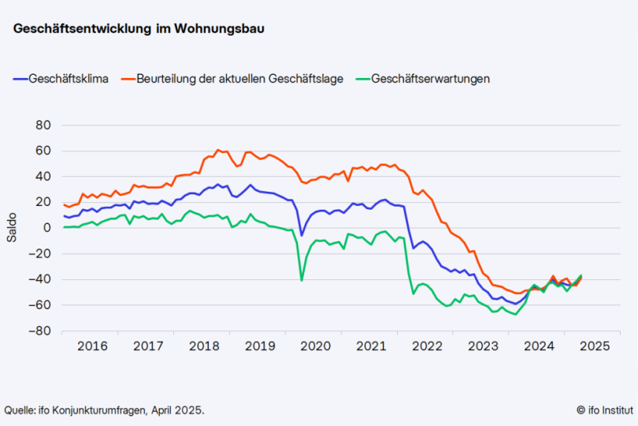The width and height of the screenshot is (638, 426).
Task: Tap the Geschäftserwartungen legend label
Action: tap(430, 79)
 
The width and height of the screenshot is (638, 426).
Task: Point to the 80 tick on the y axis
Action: tap(43, 125)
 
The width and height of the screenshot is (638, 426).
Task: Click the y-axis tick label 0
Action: tap(47, 228)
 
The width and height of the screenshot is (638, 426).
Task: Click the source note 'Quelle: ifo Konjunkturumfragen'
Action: tap(104, 409)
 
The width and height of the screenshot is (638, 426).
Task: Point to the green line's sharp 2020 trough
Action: tap(302, 280)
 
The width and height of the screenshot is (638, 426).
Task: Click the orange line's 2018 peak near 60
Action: tap(218, 150)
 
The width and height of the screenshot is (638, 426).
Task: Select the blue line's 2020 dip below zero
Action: tap(302, 235)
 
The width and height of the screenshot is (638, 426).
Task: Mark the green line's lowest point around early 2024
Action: tap(516, 314)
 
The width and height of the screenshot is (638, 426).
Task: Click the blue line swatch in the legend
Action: tap(20, 79)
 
